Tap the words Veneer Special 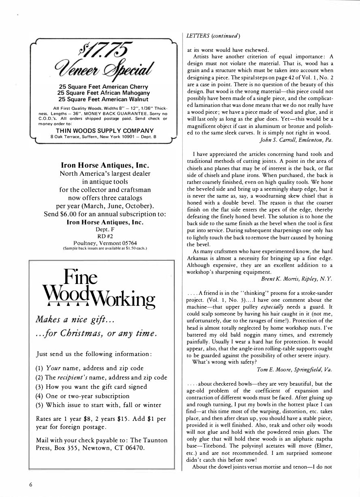pyautogui.click(x=102, y=70)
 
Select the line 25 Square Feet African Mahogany pyautogui.click(x=102, y=93)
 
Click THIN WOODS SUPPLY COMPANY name pyautogui.click(x=104, y=130)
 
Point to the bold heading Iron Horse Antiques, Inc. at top pyautogui.click(x=104, y=166)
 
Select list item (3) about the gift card pyautogui.click(x=92, y=386)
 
